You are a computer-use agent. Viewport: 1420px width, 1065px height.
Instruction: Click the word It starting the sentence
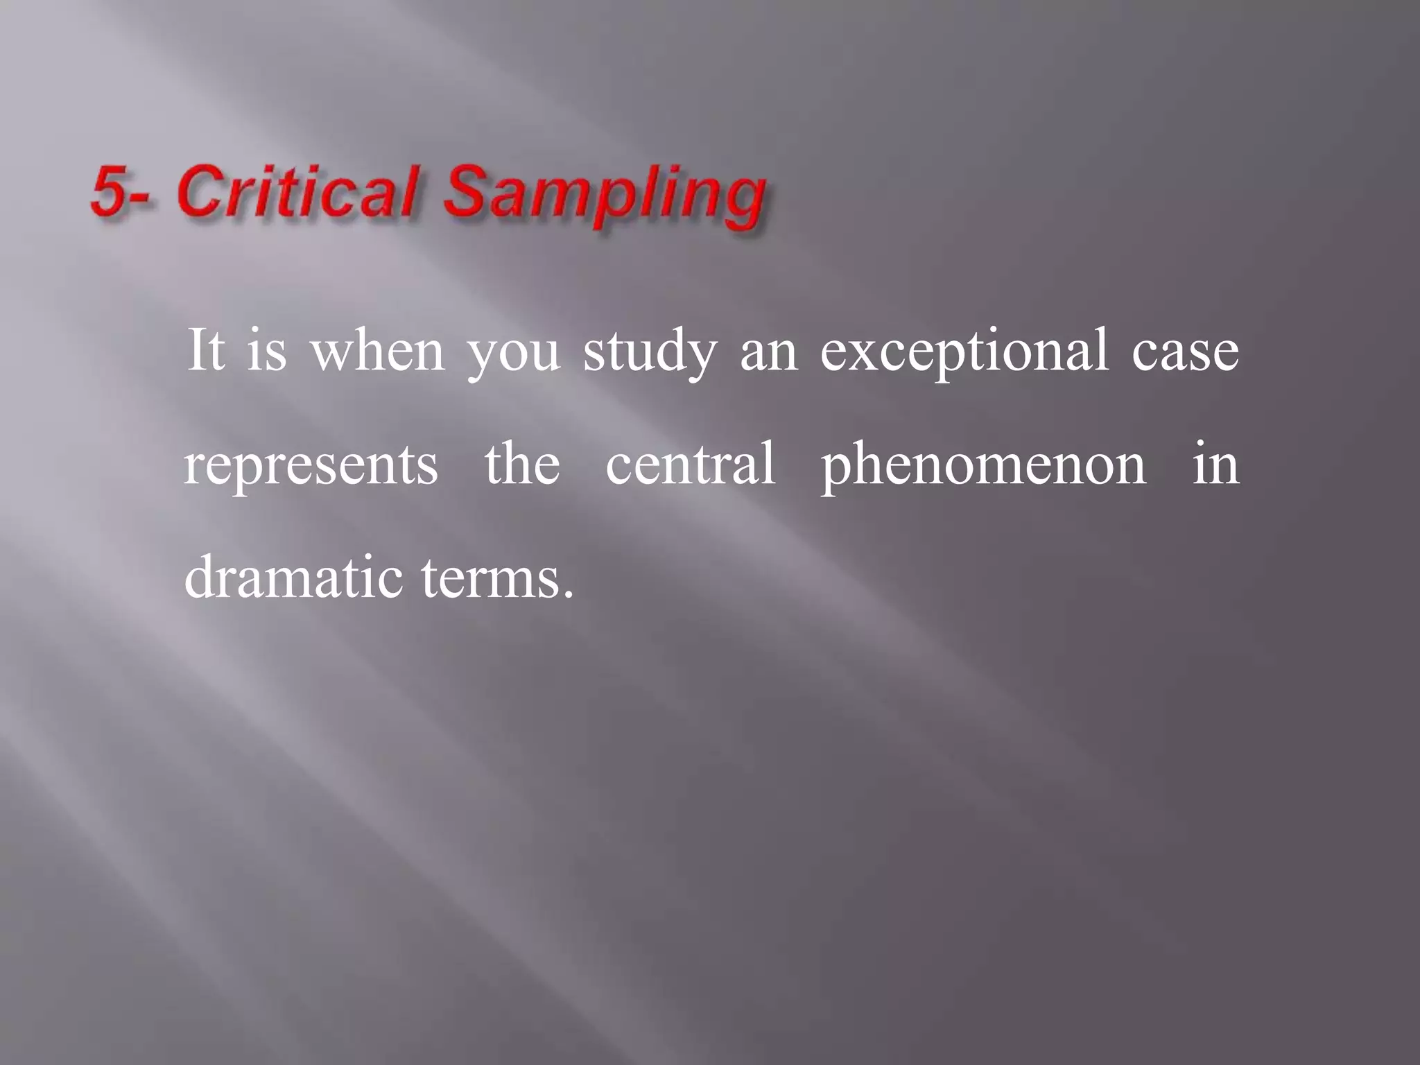206,349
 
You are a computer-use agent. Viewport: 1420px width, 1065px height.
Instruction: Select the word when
378,351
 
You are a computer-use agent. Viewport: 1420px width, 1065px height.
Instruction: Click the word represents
311,465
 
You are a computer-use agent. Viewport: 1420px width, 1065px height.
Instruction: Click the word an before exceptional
769,354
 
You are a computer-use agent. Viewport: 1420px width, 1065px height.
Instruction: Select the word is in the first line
267,349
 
